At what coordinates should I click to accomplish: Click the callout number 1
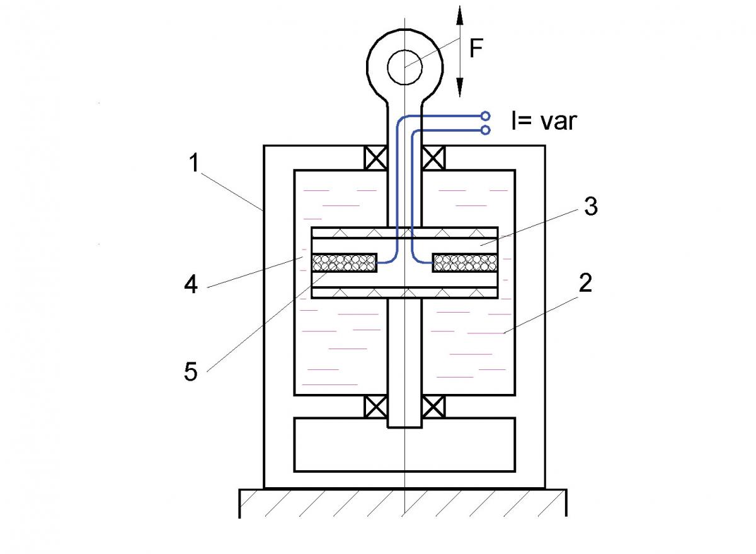(x=195, y=163)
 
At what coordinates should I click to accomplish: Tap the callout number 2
(x=585, y=284)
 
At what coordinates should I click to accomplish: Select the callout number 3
(x=590, y=207)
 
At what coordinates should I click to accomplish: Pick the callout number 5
(x=190, y=371)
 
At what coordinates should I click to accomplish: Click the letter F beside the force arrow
(x=476, y=49)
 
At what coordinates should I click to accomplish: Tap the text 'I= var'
(x=543, y=120)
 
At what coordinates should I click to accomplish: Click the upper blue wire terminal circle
(x=485, y=116)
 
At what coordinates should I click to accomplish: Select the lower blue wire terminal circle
(x=485, y=130)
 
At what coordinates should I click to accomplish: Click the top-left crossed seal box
(x=376, y=158)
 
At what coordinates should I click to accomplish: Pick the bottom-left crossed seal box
(x=376, y=407)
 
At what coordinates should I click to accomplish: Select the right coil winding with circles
(x=464, y=262)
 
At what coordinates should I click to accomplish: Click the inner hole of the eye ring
(x=404, y=67)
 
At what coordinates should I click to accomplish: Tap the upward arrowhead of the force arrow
(x=460, y=16)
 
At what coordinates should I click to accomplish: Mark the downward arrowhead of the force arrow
(x=460, y=86)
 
